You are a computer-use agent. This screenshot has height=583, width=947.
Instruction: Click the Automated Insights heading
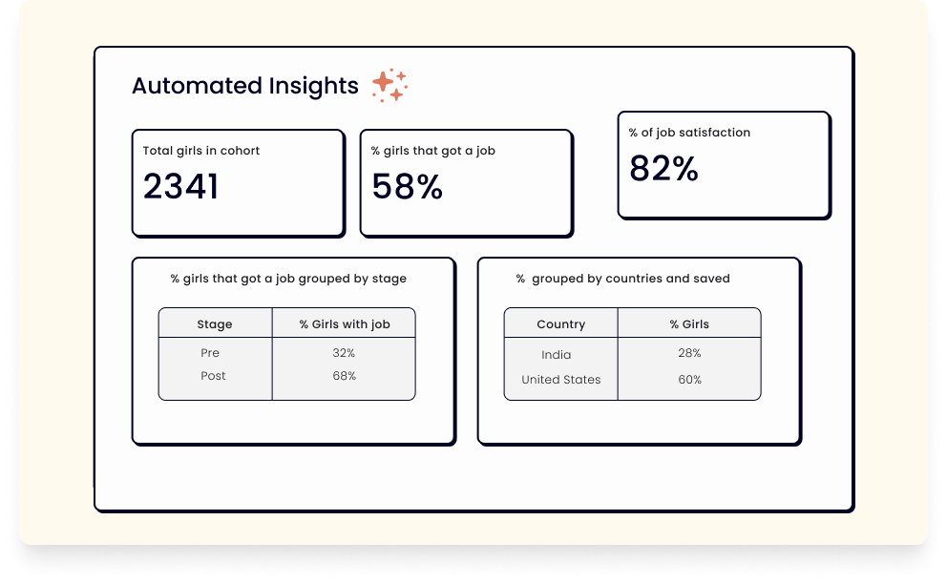click(x=245, y=86)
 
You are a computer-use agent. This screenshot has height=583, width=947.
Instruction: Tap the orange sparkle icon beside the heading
click(x=389, y=85)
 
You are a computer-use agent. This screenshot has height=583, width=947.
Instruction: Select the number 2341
click(x=180, y=186)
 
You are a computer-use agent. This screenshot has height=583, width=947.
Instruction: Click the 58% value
click(x=407, y=186)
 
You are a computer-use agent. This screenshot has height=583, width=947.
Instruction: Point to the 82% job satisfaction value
click(x=663, y=168)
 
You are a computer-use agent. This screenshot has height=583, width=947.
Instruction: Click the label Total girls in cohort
click(x=201, y=151)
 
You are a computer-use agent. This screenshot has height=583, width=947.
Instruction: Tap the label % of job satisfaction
click(x=689, y=133)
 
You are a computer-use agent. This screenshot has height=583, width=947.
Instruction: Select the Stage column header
click(x=215, y=324)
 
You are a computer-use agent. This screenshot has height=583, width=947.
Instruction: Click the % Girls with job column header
click(x=345, y=324)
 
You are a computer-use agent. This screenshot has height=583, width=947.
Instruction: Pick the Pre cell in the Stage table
click(x=210, y=353)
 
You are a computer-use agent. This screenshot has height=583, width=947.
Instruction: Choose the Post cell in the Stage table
click(x=213, y=376)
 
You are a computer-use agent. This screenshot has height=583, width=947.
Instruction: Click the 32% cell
click(x=344, y=353)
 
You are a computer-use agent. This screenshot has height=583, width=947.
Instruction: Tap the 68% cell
click(x=345, y=376)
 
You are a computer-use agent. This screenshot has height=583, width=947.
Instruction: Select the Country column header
click(x=561, y=324)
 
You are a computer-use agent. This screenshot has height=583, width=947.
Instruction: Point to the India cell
click(x=557, y=355)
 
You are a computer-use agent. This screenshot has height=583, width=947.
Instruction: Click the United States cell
click(x=561, y=380)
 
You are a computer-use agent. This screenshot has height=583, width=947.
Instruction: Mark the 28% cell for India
click(x=689, y=353)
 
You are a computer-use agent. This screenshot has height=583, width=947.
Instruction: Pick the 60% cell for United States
click(x=689, y=380)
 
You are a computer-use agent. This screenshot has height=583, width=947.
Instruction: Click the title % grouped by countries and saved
click(x=622, y=279)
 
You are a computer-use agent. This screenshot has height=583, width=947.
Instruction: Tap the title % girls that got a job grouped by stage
click(x=288, y=279)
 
